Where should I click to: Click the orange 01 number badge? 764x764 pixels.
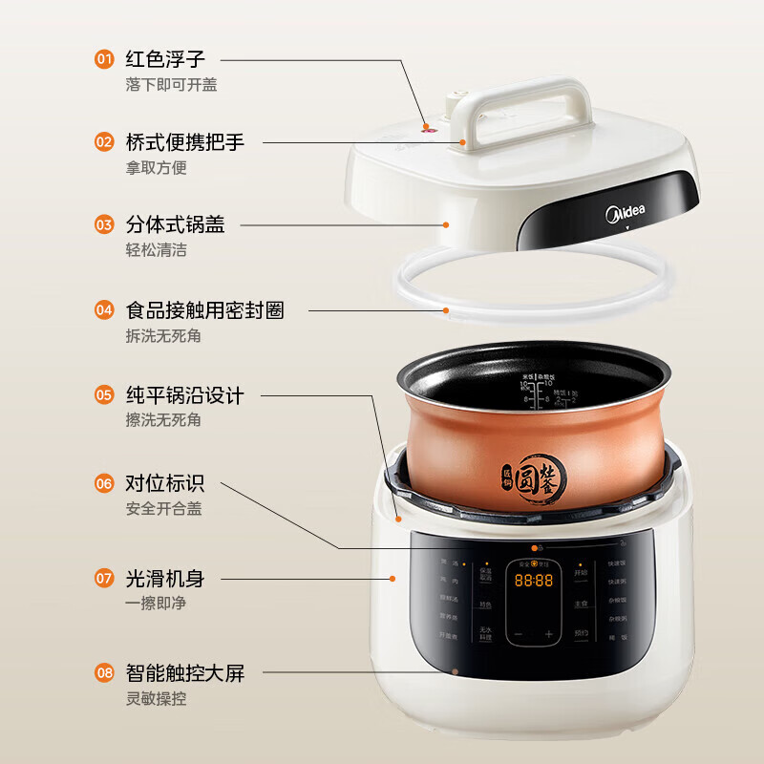click(104, 59)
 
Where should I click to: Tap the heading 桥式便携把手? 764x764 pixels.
click(185, 142)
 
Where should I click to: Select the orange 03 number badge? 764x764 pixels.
click(104, 225)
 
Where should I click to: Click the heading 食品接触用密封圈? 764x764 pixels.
click(204, 310)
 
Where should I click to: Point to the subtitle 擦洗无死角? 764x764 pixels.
click(163, 419)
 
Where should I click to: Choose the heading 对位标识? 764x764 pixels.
click(165, 483)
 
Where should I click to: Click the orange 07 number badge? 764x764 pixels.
click(104, 578)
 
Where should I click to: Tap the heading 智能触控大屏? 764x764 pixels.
click(185, 673)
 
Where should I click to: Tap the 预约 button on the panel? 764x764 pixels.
click(581, 632)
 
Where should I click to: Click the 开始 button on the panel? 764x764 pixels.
click(581, 573)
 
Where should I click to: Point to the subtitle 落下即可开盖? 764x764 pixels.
click(171, 85)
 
